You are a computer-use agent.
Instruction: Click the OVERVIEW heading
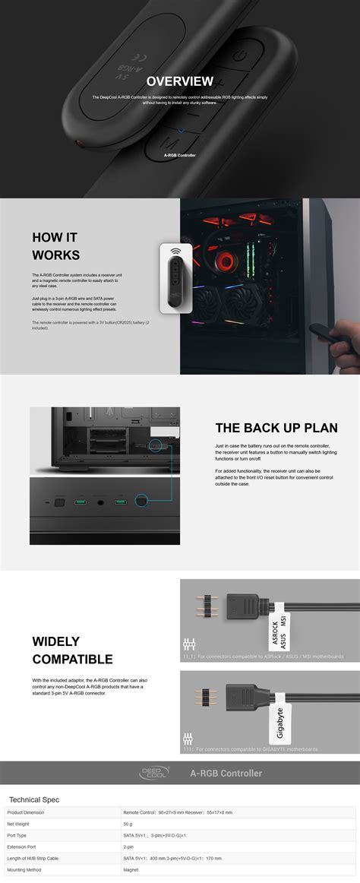180,81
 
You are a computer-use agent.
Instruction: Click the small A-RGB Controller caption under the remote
180,155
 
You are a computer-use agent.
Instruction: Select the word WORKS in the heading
55,255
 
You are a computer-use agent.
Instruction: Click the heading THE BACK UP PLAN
276,428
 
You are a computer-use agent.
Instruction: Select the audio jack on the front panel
99,502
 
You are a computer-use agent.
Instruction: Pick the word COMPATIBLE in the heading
72,659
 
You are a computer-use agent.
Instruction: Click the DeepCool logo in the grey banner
156,773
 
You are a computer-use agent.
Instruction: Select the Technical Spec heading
34,799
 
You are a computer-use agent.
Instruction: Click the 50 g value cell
128,823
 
